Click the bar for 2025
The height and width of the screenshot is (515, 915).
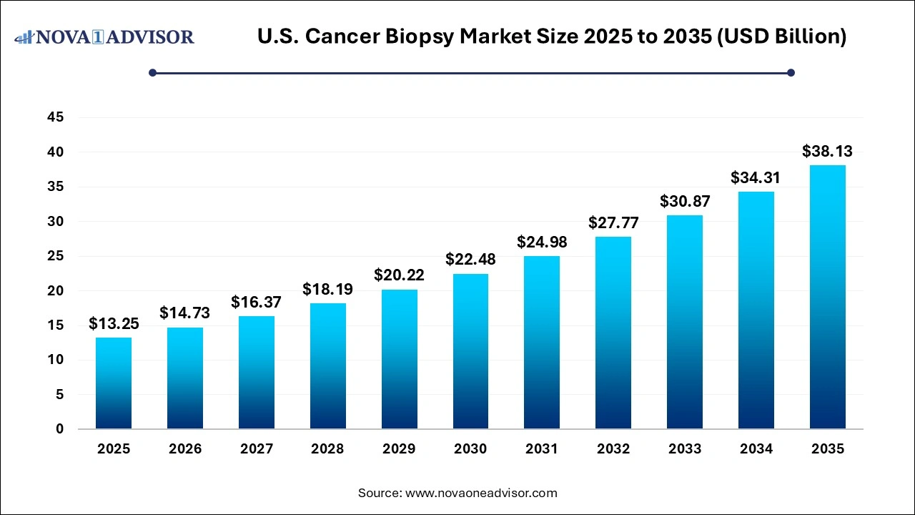[114, 383]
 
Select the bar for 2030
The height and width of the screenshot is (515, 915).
[470, 351]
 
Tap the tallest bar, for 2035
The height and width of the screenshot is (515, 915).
[827, 297]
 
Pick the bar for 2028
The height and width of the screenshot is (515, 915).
[327, 366]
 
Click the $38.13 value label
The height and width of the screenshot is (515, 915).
[827, 151]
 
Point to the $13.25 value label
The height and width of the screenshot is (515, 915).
[114, 323]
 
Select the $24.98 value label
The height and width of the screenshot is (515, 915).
[542, 242]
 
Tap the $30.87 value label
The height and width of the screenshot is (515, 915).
[684, 201]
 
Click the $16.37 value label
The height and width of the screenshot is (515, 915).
[256, 302]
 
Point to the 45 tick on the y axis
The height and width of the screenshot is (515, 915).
[55, 117]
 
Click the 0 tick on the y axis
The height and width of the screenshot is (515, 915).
[59, 429]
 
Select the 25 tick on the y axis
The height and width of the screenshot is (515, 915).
[55, 256]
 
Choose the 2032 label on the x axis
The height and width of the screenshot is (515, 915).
[613, 449]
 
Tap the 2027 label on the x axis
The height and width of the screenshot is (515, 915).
[256, 449]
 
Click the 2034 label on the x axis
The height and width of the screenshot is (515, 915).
[756, 449]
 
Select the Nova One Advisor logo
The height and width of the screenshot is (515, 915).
[104, 36]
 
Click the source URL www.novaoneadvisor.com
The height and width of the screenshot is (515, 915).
[481, 493]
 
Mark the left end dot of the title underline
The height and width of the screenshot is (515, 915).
[152, 72]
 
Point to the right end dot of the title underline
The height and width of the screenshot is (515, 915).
[791, 72]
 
